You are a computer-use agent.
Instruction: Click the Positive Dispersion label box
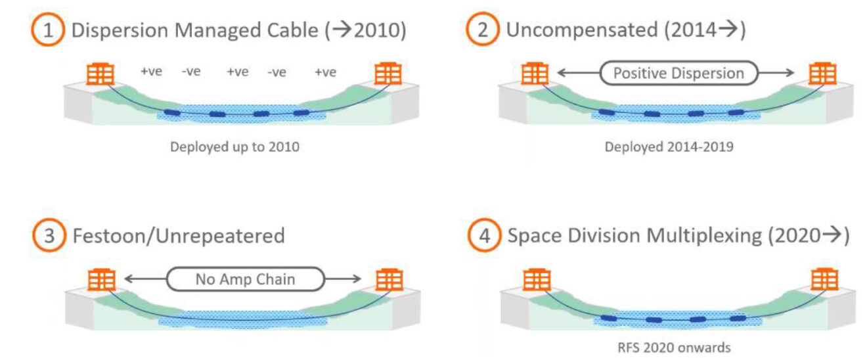pos(678,73)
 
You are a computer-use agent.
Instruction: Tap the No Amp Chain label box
pos(245,279)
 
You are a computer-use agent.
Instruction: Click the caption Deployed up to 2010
pos(234,147)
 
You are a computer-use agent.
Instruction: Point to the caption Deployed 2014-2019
pos(669,147)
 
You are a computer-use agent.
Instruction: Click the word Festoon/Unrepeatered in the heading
pos(178,236)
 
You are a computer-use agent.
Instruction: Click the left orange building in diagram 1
pos(100,74)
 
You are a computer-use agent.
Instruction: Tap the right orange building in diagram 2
pos(822,74)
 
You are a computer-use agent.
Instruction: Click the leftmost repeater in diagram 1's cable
pos(172,113)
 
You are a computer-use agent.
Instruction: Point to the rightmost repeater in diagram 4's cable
pos(738,318)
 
